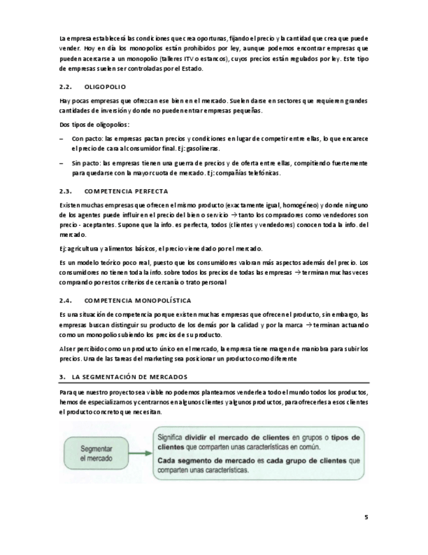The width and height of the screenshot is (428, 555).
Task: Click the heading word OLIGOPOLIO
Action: click(x=106, y=86)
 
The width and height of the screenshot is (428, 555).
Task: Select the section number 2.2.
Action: click(x=66, y=86)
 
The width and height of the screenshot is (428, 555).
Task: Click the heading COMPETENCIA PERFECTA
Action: click(x=127, y=191)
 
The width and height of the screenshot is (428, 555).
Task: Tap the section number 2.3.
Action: click(x=66, y=191)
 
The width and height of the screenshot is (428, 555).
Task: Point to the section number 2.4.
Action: click(x=66, y=300)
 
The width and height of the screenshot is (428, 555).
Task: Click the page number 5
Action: click(x=366, y=517)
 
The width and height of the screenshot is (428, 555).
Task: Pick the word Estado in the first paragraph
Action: click(x=193, y=69)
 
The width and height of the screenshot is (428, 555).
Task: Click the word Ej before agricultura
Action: click(x=63, y=248)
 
